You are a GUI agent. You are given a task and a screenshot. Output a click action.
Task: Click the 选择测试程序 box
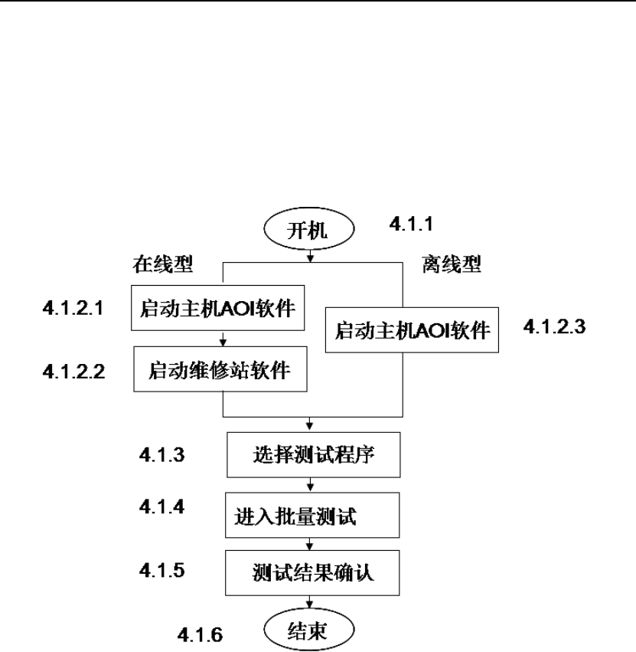(314, 455)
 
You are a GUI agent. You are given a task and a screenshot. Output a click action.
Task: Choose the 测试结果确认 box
(314, 573)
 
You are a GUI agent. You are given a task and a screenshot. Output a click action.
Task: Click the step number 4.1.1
(413, 224)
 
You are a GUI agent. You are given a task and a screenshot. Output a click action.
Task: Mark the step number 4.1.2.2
(73, 373)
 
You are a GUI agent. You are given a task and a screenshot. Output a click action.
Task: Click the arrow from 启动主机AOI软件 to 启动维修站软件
(223, 338)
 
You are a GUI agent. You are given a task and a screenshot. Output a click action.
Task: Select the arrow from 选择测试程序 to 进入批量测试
(310, 484)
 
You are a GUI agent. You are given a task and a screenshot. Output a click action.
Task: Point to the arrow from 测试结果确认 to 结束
(310, 602)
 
